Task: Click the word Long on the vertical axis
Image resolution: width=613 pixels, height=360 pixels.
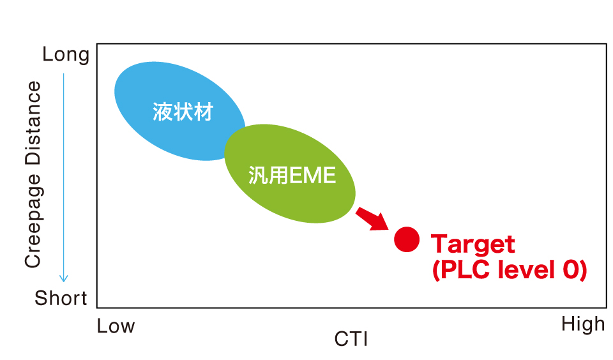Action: [66, 55]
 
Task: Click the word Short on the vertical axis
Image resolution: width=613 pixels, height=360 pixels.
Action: [61, 298]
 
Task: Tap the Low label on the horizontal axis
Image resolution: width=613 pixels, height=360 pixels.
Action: [116, 326]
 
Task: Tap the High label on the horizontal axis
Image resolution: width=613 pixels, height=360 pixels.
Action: [583, 324]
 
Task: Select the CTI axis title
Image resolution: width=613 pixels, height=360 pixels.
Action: [351, 339]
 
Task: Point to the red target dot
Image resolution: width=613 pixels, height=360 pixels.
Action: [407, 239]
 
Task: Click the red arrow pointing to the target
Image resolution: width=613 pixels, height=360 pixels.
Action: [372, 219]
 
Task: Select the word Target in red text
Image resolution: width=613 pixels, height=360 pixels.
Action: [473, 244]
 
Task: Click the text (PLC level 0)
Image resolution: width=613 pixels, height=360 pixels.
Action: [510, 270]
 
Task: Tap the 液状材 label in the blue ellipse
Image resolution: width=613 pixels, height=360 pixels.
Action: [183, 112]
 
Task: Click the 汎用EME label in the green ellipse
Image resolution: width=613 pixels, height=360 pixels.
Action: [292, 175]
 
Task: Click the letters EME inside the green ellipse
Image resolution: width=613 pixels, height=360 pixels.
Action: [313, 175]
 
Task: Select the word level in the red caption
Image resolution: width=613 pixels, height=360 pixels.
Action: [526, 269]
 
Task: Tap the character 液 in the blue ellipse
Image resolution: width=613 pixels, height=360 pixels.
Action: [162, 112]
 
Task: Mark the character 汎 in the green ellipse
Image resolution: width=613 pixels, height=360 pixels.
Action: [259, 175]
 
